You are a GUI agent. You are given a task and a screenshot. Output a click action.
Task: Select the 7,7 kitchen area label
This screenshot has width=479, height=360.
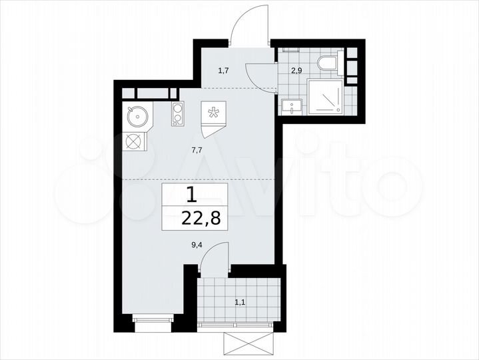click(x=197, y=151)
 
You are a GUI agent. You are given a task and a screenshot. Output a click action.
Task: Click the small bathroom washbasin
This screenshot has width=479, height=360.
click(x=290, y=105)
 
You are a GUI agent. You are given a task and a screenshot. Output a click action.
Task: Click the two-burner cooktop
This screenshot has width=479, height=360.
click(x=177, y=115)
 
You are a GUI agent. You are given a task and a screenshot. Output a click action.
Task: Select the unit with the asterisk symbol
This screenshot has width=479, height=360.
click(x=214, y=113)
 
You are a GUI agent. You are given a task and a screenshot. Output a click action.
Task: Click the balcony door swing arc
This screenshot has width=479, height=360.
click(x=215, y=257)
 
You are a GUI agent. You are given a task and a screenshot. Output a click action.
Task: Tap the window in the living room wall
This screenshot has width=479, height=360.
click(x=153, y=321)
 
